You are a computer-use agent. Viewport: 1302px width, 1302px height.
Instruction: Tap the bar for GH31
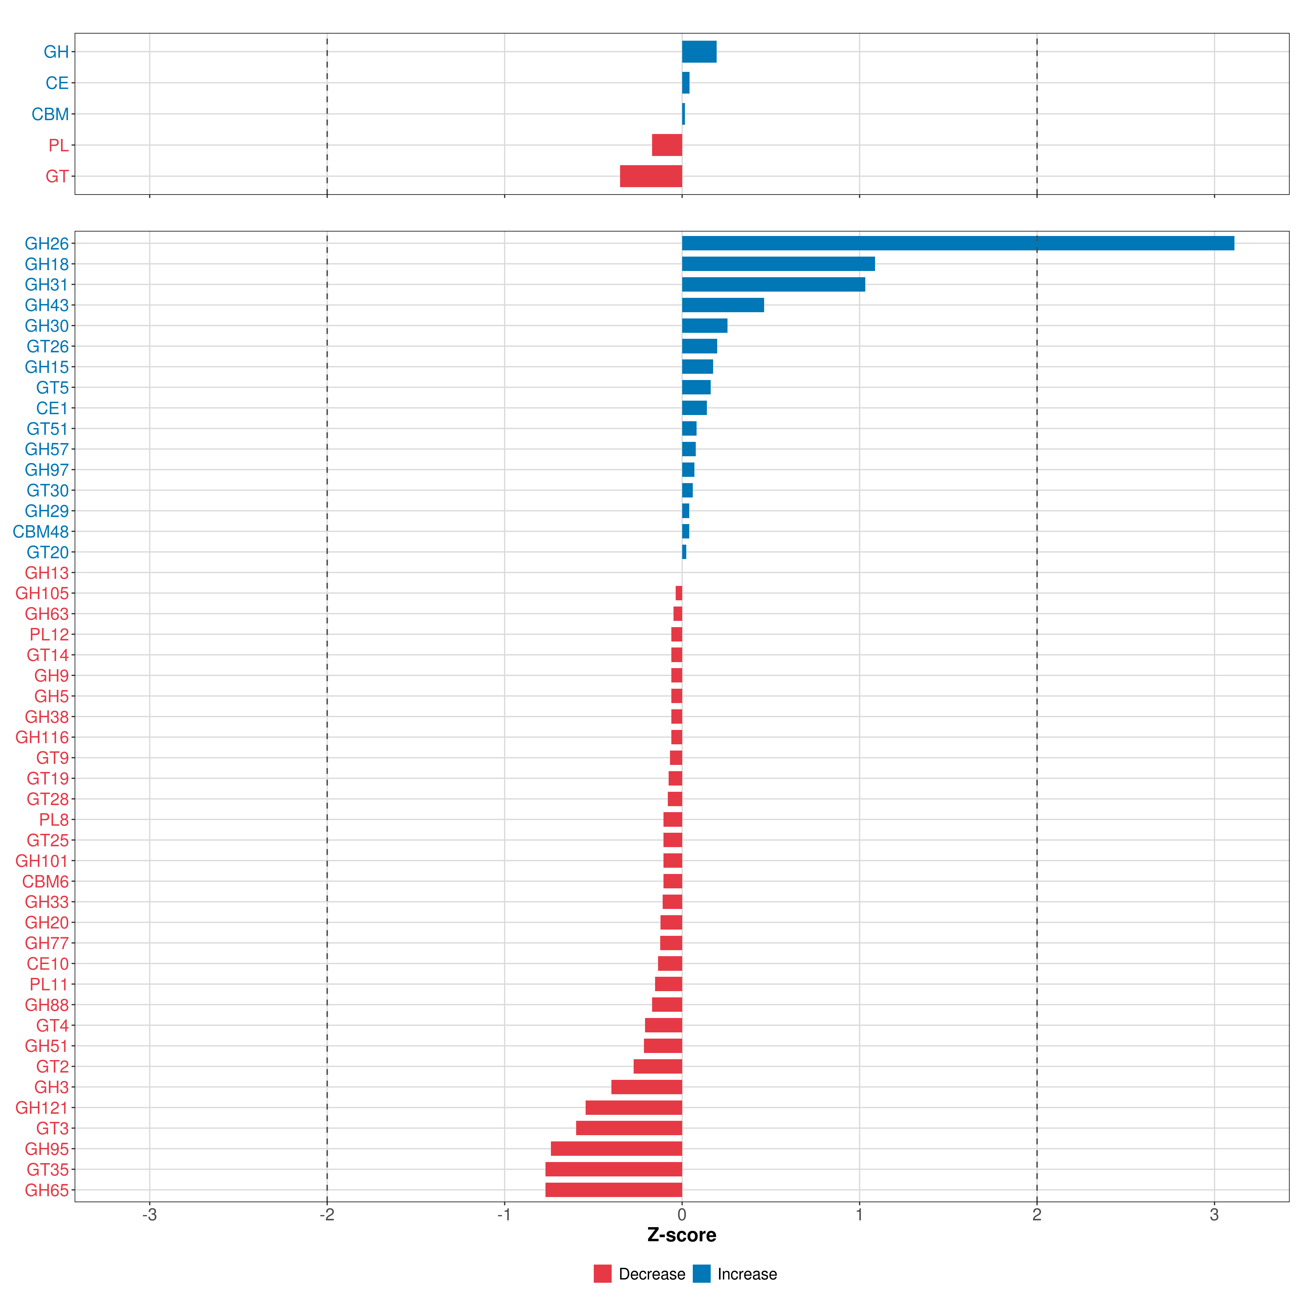[774, 284]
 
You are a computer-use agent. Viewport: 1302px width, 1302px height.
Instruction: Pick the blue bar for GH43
[723, 305]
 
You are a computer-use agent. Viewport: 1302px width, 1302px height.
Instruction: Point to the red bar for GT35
[614, 1169]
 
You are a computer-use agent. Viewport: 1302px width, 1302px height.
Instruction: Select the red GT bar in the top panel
[651, 176]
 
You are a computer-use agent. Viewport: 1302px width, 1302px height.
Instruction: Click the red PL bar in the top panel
[667, 145]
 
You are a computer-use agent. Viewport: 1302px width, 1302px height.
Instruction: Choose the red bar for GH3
[647, 1087]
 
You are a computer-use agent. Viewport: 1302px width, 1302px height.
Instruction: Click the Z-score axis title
[682, 1235]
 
